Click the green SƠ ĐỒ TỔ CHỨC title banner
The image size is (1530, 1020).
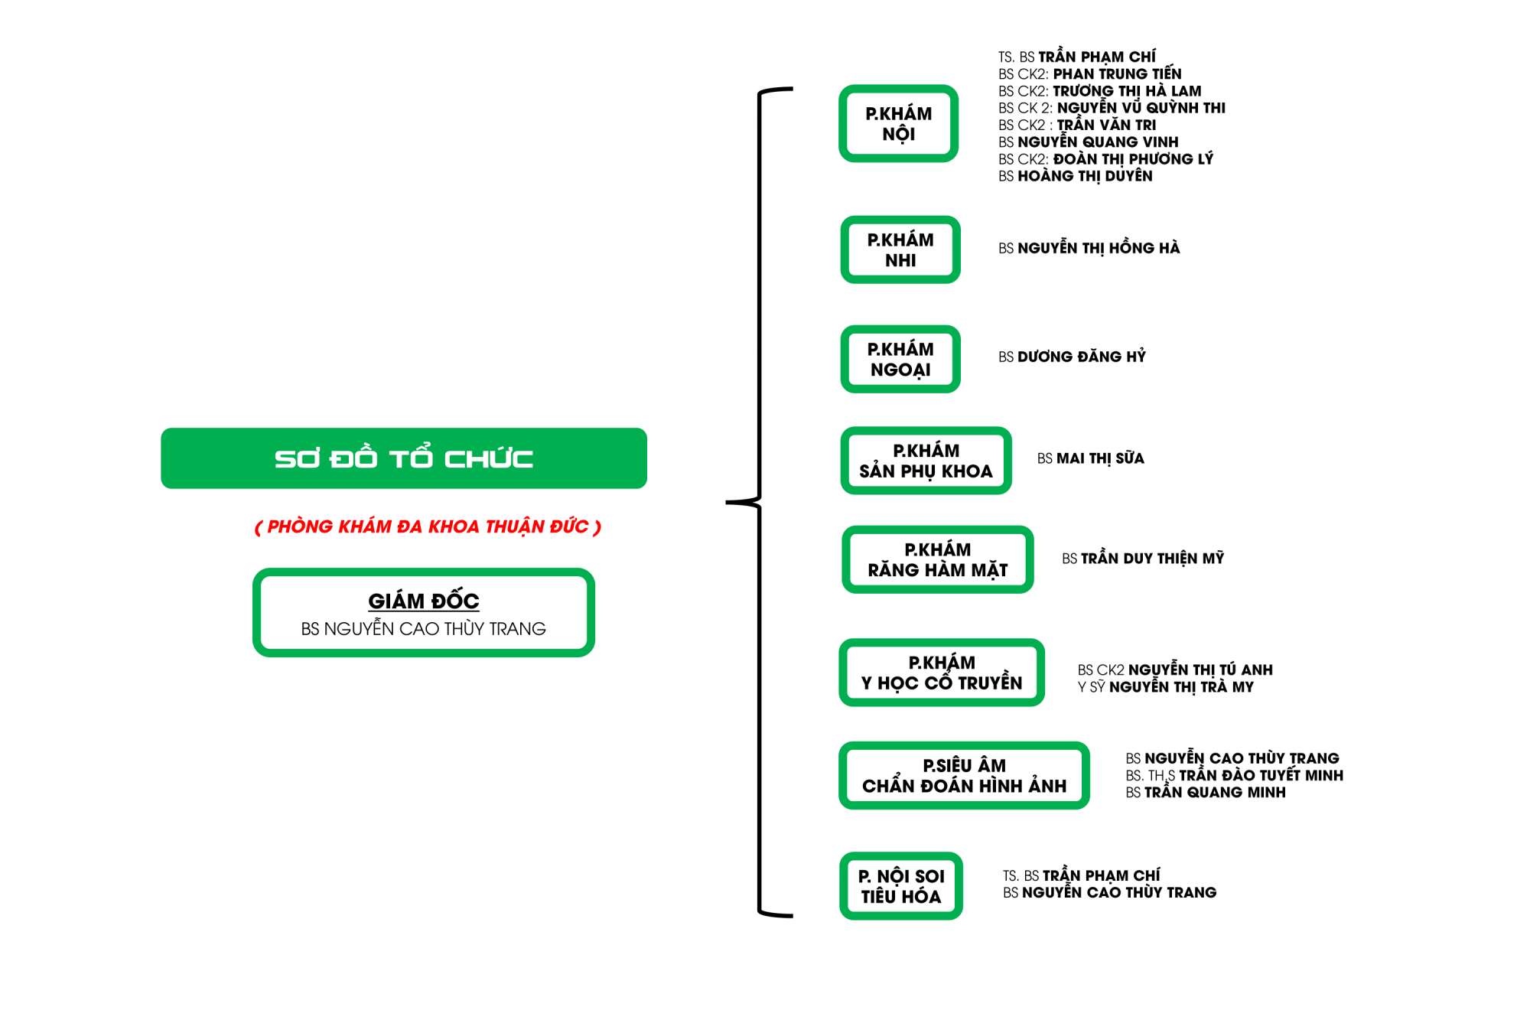pos(404,458)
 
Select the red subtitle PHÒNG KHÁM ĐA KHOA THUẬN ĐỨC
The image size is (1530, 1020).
pos(428,526)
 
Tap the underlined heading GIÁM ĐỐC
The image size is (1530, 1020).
pos(424,601)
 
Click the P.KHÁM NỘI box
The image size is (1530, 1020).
pos(898,123)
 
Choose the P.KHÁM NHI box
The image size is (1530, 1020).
pos(900,249)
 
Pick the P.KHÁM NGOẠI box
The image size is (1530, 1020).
pos(900,359)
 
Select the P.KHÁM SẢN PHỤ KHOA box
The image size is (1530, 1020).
pos(926,461)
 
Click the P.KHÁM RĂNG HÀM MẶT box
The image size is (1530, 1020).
pos(937,559)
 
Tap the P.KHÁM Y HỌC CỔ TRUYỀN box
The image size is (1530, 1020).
pos(941,672)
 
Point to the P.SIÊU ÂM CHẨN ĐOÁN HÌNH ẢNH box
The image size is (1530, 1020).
pos(964,775)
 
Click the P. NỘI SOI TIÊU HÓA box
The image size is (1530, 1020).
pos(900,885)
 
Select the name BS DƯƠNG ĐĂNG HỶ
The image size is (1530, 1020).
pos(1072,357)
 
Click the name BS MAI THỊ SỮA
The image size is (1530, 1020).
pos(1090,458)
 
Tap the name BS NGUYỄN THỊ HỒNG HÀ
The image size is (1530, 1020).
pos(1089,248)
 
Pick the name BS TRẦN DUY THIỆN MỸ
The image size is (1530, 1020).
pos(1142,559)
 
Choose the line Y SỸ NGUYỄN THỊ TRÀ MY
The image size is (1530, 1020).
pos(1165,687)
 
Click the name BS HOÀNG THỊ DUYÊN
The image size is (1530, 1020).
pos(1075,176)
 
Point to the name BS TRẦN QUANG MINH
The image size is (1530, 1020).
pos(1205,793)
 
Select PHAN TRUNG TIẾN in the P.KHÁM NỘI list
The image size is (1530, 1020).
pos(1117,74)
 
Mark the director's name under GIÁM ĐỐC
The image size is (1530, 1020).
pos(423,629)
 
